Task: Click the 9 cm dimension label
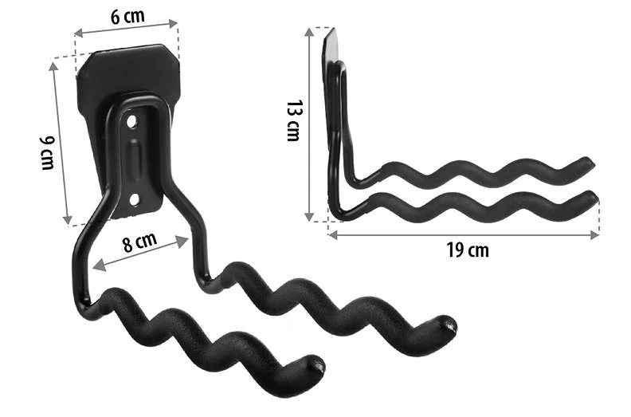coord(46,151)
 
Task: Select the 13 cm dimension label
coord(294,121)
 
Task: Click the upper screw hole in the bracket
coord(133,122)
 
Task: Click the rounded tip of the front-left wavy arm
coord(317,365)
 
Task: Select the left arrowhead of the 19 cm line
coord(331,234)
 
